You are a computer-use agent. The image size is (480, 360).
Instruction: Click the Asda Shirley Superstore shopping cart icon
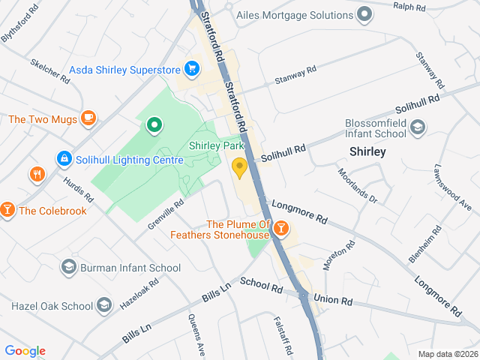pyautogui.click(x=192, y=70)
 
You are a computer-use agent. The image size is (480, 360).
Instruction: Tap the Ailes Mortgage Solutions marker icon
pyautogui.click(x=364, y=15)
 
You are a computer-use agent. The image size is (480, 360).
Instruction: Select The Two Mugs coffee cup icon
pyautogui.click(x=88, y=118)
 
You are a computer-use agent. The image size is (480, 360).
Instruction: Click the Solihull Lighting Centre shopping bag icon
pyautogui.click(x=64, y=159)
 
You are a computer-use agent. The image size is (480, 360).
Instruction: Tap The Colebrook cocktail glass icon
pyautogui.click(x=7, y=210)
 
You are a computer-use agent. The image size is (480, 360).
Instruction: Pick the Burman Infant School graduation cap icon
pyautogui.click(x=69, y=267)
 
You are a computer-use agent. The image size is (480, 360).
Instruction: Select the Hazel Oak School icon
pyautogui.click(x=104, y=305)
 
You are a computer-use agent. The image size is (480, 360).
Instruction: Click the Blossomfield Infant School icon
pyautogui.click(x=418, y=130)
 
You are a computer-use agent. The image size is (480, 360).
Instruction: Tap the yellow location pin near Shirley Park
pyautogui.click(x=240, y=168)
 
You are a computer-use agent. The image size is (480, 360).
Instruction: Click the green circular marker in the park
pyautogui.click(x=154, y=124)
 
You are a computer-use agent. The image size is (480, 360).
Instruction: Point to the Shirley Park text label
pyautogui.click(x=217, y=145)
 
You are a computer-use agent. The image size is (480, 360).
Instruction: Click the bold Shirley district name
pyautogui.click(x=367, y=152)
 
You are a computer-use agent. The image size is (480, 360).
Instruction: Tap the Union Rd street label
pyautogui.click(x=333, y=301)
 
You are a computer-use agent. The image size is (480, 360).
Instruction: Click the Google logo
pyautogui.click(x=25, y=351)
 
